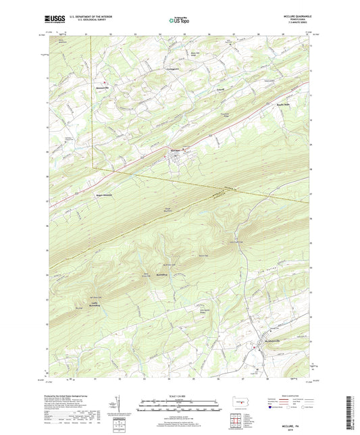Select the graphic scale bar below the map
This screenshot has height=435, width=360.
pyautogui.click(x=179, y=407)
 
